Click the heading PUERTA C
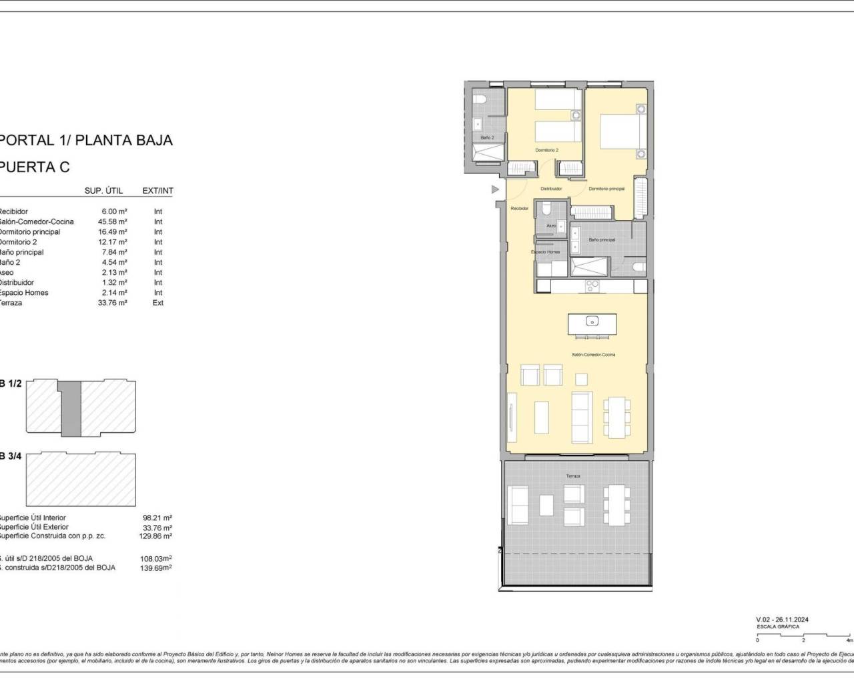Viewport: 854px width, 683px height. [x=35, y=167]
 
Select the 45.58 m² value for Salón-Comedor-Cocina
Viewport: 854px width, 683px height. [x=113, y=221]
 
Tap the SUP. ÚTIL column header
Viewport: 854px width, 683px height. [x=103, y=191]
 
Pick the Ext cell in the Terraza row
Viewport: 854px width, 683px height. [x=158, y=303]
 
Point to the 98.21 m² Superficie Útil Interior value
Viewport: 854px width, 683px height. [x=157, y=518]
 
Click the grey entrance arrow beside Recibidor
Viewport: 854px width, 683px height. [x=494, y=189]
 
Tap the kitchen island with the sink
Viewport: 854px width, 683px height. [x=592, y=324]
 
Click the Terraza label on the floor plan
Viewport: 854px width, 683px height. [x=573, y=476]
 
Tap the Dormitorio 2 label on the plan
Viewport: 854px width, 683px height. [x=546, y=150]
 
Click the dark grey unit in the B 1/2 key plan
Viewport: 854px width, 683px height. [x=69, y=408]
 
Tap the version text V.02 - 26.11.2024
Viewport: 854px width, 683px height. [x=783, y=620]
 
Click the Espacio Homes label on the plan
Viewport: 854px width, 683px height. [x=545, y=252]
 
